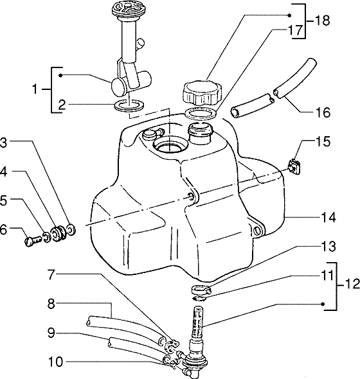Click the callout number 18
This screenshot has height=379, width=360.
[x=322, y=21]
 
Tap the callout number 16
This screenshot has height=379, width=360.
[x=323, y=112]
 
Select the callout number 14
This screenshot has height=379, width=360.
[x=328, y=217]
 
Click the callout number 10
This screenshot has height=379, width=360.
[x=56, y=362]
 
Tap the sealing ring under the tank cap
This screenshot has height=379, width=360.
[x=201, y=113]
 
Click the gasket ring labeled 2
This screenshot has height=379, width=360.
[x=129, y=105]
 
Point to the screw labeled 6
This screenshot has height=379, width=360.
[x=33, y=240]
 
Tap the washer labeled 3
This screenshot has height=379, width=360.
[x=72, y=229]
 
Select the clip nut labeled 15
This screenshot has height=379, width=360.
[x=294, y=166]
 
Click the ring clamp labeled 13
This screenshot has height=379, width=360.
[x=201, y=288]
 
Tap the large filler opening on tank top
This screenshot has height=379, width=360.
[x=170, y=145]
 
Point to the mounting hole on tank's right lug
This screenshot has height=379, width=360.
[x=257, y=231]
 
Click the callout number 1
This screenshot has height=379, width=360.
[x=35, y=89]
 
